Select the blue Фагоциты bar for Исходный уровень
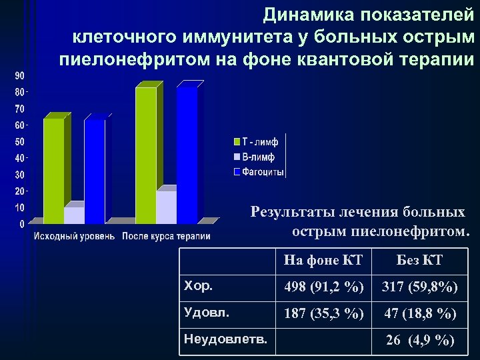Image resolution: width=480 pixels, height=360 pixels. point(94,170)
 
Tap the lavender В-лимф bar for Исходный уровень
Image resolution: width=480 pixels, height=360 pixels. point(74,215)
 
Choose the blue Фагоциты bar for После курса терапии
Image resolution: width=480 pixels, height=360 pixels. point(186,155)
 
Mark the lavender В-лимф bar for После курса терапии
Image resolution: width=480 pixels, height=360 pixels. point(165,207)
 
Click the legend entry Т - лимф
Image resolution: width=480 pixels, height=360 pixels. point(259,142)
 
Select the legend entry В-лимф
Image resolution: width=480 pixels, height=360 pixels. point(257,157)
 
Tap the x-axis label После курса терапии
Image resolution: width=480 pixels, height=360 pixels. point(166,236)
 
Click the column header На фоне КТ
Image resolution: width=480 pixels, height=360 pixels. point(323,260)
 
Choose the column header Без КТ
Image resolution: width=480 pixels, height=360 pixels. point(419,260)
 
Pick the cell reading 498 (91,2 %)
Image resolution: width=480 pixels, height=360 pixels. point(323,287)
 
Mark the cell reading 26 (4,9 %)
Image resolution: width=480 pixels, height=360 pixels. point(419,341)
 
